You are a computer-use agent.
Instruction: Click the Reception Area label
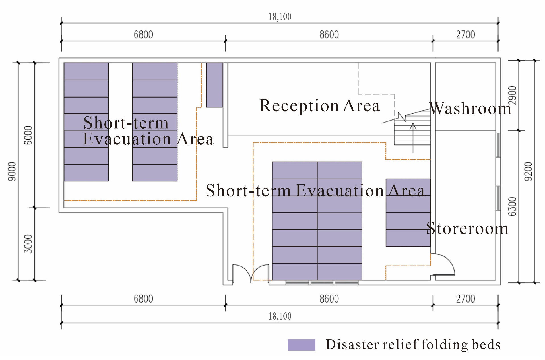point(319,106)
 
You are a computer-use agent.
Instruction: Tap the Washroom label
point(470,109)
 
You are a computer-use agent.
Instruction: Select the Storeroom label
point(467,229)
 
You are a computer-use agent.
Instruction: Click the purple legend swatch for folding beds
point(302,345)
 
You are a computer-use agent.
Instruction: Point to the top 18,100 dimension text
point(280,17)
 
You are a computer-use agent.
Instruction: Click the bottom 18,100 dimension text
point(280,316)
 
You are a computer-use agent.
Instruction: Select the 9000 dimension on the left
point(12,171)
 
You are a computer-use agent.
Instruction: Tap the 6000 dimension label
point(28,135)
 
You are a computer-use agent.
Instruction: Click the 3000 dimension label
point(28,244)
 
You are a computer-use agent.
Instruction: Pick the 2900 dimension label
point(512,95)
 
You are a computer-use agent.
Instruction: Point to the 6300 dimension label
point(512,206)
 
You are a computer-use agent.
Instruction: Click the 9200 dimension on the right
point(528,171)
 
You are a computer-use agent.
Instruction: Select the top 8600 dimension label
point(329,35)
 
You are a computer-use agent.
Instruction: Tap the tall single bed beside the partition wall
point(214,85)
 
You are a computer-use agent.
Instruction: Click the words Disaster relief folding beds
point(413,345)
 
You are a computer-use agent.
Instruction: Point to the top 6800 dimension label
point(143,35)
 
